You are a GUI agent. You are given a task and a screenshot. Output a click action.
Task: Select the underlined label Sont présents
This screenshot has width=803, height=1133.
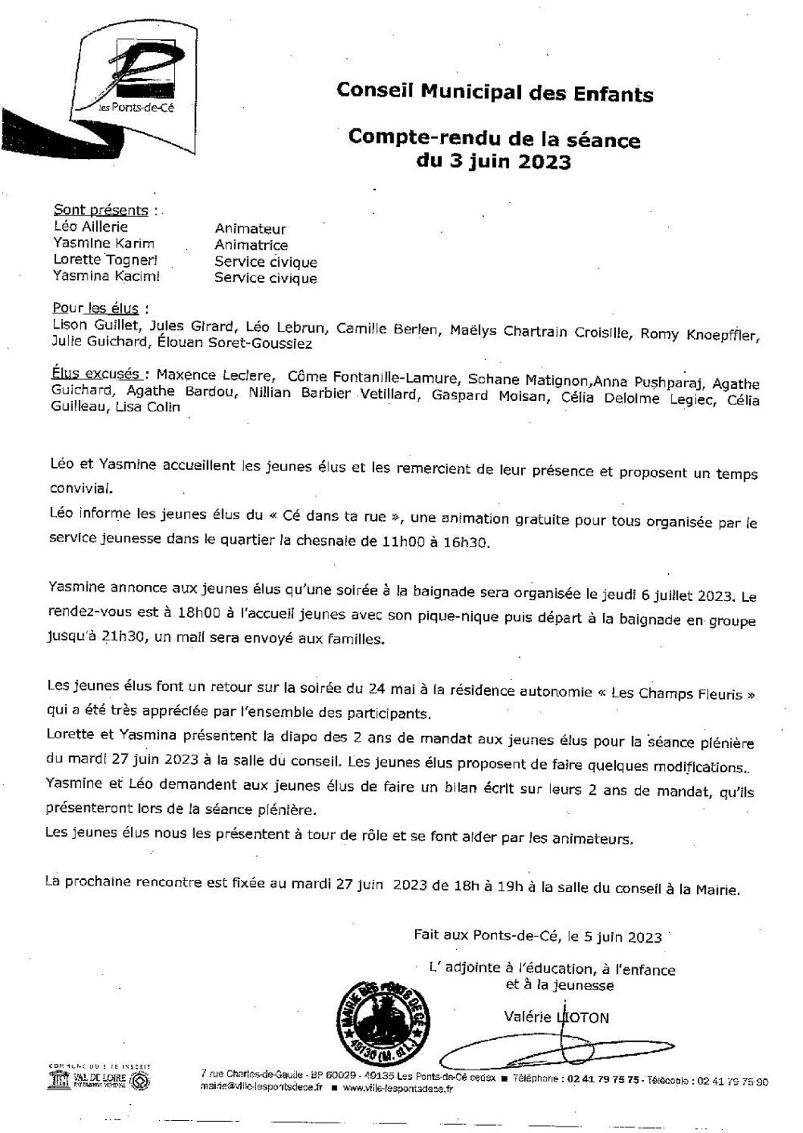[x=100, y=211]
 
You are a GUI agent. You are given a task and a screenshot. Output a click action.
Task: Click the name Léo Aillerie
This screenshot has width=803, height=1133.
[x=90, y=227]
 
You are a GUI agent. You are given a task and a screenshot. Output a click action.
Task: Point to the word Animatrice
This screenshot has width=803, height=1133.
[x=251, y=245]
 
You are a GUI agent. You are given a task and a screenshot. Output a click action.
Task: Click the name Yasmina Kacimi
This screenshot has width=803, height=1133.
[x=106, y=277]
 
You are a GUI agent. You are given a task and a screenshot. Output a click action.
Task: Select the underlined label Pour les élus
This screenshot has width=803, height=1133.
[x=96, y=309]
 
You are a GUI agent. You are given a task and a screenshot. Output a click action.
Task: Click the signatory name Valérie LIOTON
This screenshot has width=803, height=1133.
[x=556, y=1017]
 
